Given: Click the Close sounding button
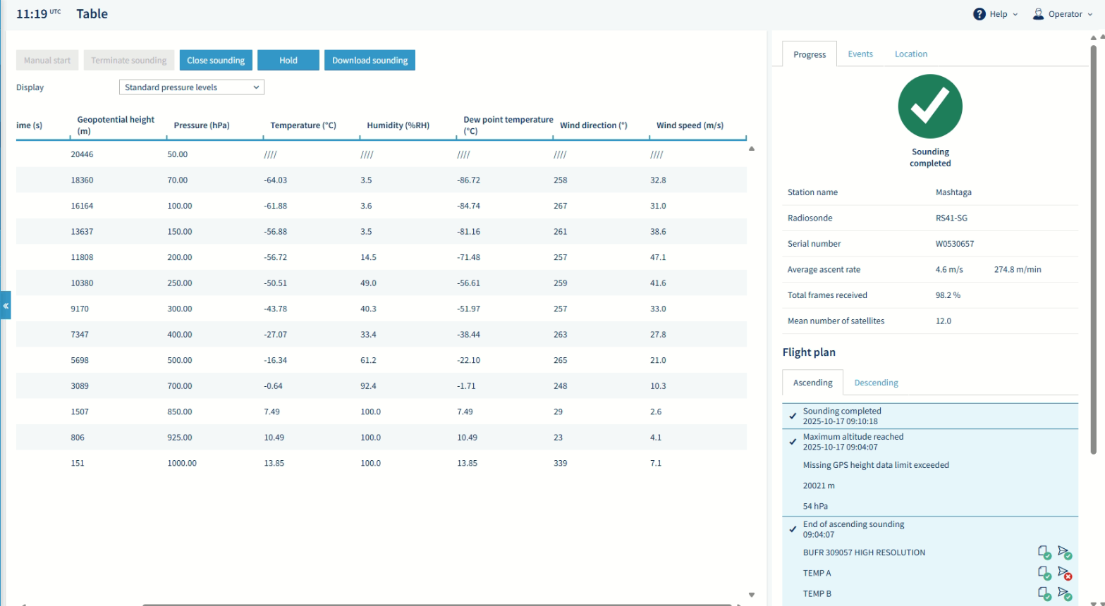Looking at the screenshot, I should tap(216, 61).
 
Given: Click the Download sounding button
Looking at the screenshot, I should tap(370, 61).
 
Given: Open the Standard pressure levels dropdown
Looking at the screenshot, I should tap(191, 87).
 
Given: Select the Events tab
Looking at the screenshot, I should tap(860, 54).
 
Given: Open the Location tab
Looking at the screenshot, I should tap(910, 54).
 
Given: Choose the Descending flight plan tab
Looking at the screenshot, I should tap(876, 383).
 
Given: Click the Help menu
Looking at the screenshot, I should tap(996, 14).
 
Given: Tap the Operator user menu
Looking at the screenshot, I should tap(1063, 14).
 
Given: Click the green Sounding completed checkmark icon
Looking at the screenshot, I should tap(930, 106).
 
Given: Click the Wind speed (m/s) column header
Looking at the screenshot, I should tap(690, 125).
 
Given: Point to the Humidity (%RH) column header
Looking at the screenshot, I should tap(398, 125).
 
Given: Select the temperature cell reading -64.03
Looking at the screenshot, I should tap(276, 180).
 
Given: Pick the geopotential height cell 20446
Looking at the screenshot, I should tap(82, 154).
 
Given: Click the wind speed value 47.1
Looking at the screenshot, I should tap(658, 257).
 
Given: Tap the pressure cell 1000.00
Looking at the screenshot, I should tap(182, 463).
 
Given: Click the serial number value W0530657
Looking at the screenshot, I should tap(954, 244).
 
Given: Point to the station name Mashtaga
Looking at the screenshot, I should tap(953, 192).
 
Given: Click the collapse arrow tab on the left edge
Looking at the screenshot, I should tap(6, 306).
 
